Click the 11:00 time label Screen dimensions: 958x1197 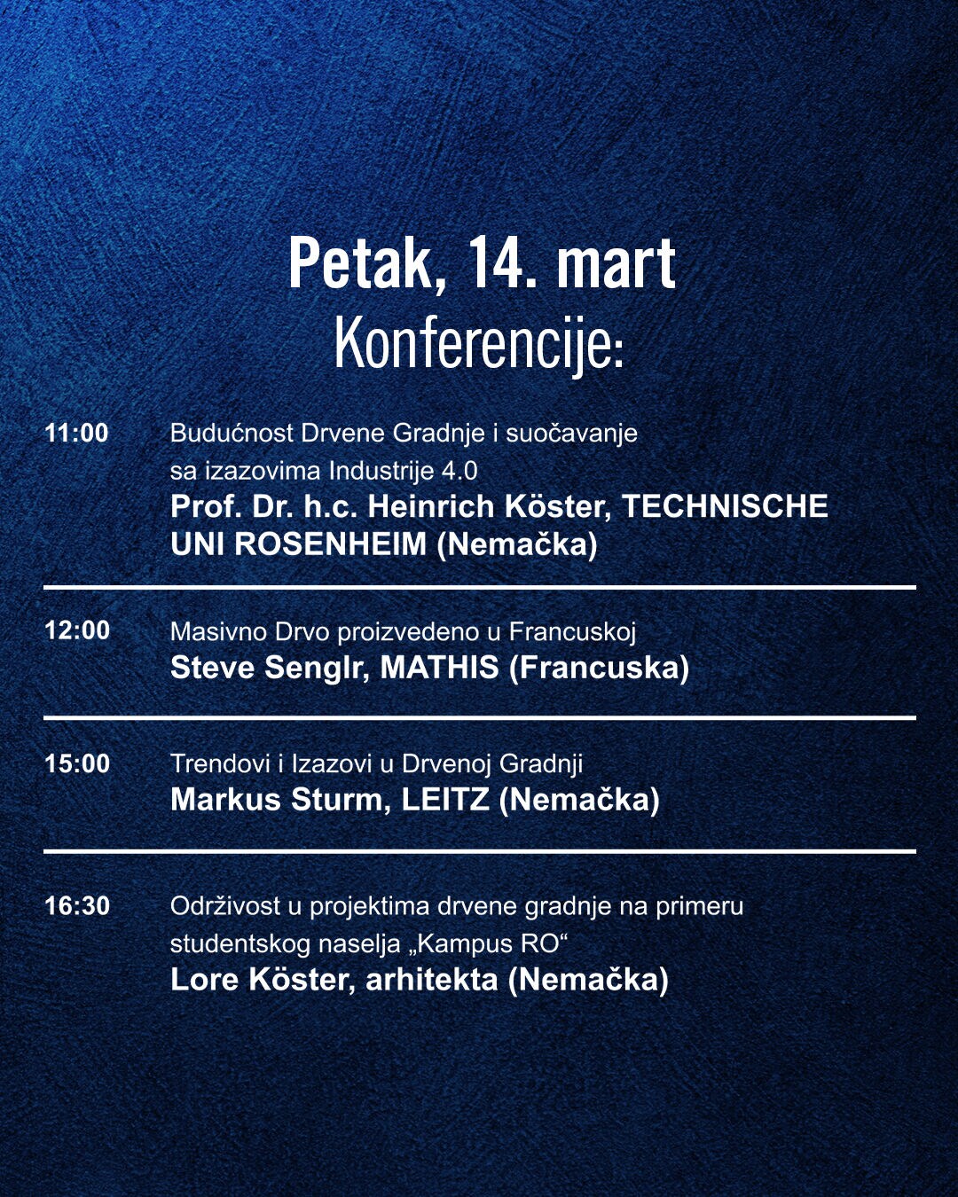(76, 434)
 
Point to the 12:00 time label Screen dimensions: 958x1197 (77, 630)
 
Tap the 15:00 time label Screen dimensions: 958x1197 (77, 763)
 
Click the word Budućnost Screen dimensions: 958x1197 (232, 433)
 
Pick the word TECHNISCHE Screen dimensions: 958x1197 (725, 506)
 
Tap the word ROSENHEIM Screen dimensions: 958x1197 (331, 544)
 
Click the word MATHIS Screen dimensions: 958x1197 (440, 668)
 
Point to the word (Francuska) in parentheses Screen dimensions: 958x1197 (600, 668)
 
